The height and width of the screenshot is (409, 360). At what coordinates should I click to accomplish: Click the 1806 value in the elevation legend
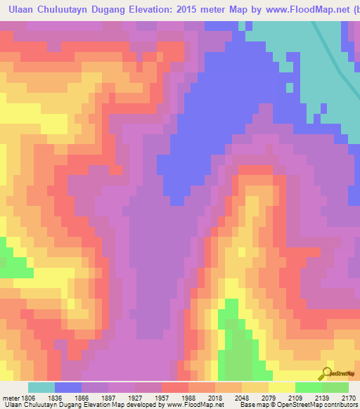[27, 397]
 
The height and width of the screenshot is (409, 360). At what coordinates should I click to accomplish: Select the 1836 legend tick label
[54, 397]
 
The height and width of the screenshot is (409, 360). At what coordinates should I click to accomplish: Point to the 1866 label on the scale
[81, 397]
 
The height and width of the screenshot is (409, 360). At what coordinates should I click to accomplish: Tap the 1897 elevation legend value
[108, 397]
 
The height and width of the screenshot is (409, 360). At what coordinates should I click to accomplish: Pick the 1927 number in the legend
[134, 397]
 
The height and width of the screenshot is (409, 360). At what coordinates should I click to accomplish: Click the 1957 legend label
[161, 397]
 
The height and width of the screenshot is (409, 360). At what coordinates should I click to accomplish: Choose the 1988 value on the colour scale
[188, 397]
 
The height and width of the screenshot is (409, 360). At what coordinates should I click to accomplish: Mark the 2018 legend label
[214, 397]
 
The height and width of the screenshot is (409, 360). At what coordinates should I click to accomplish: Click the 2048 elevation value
[241, 397]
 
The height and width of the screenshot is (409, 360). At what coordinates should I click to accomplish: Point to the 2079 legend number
[268, 397]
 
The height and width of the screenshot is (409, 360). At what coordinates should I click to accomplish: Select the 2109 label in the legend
[295, 397]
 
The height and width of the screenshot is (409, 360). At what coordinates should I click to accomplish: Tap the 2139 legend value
[321, 397]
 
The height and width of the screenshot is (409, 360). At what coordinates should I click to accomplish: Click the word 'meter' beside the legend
[11, 397]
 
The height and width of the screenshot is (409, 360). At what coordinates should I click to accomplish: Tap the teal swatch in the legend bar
[41, 387]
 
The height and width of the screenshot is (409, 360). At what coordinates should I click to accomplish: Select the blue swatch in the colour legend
[67, 387]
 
